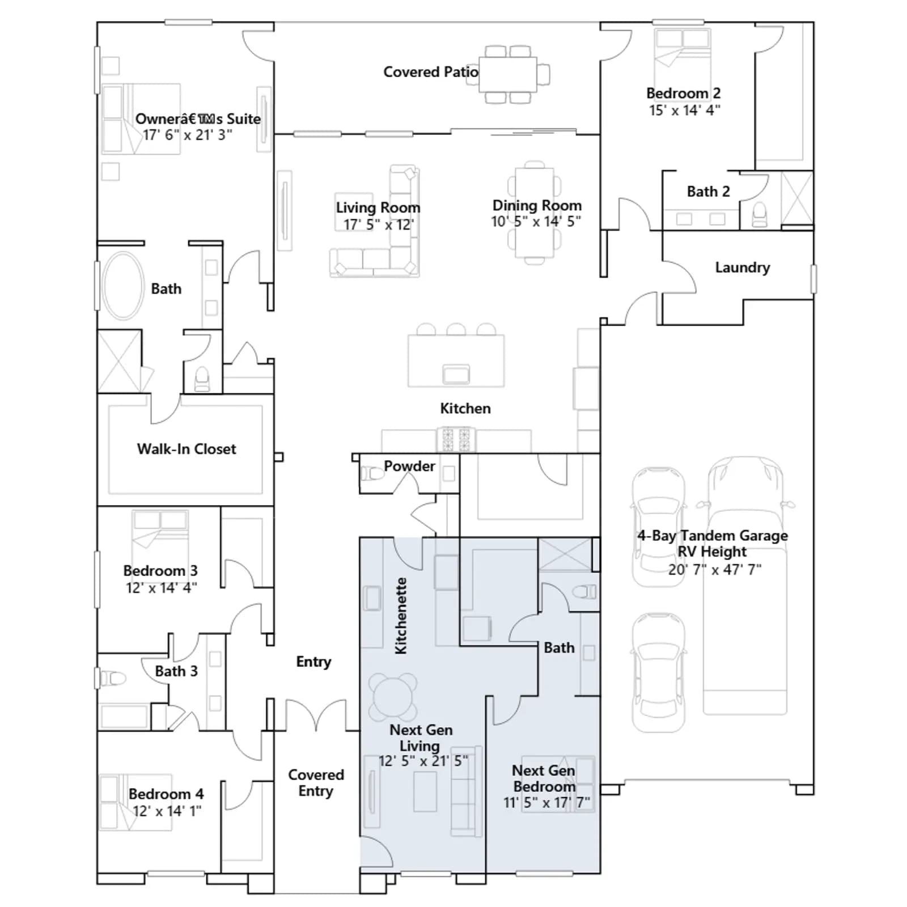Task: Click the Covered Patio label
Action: [430, 72]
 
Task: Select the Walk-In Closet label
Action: [187, 449]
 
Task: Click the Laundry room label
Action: [743, 268]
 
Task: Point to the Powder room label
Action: [409, 466]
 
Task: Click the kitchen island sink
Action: [456, 374]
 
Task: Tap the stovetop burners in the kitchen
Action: [456, 439]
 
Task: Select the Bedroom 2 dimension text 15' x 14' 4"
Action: [684, 110]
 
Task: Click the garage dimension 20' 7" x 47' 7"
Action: [714, 569]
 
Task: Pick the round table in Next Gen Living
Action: [393, 697]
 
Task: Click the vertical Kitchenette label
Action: [401, 616]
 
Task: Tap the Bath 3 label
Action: [176, 671]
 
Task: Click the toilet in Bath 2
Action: [759, 215]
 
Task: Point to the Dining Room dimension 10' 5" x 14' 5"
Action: [536, 221]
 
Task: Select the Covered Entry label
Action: [316, 783]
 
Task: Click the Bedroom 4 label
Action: [166, 794]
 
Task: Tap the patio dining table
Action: [508, 74]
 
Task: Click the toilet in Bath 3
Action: [112, 678]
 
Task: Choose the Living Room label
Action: [378, 207]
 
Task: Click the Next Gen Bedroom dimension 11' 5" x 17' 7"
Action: [546, 803]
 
